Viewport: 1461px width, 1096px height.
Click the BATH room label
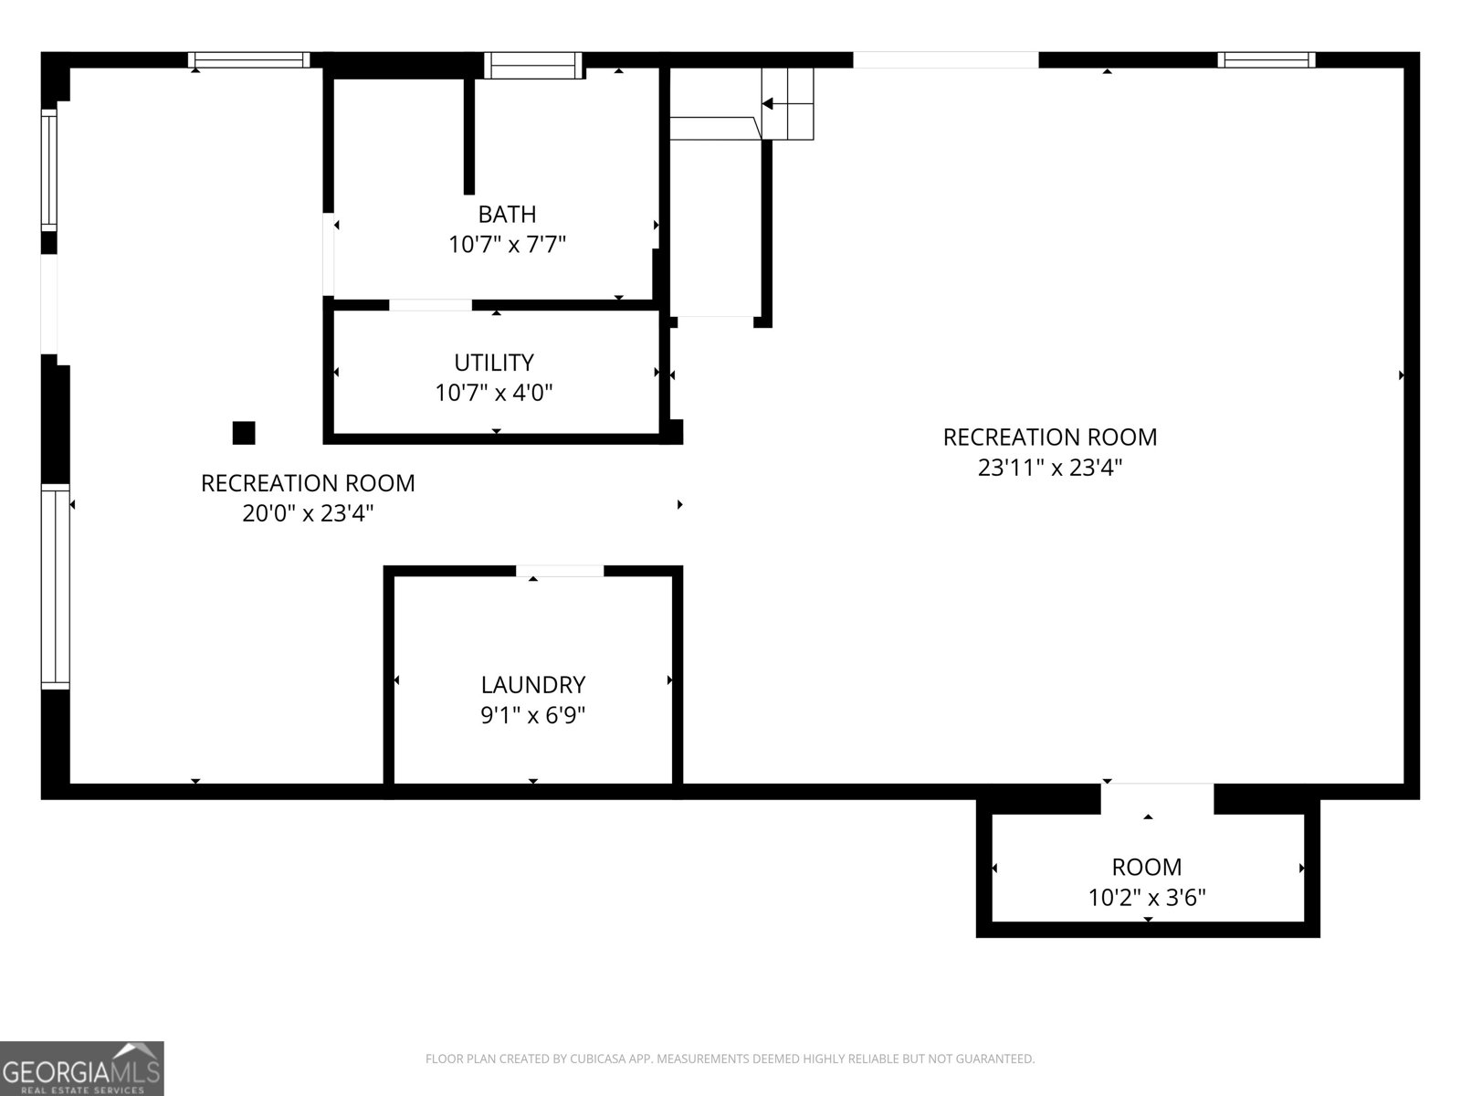(x=507, y=215)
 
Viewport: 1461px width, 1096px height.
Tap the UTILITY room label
(x=494, y=363)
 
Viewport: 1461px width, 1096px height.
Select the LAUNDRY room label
(x=533, y=685)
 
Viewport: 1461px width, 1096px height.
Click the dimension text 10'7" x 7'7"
(x=507, y=245)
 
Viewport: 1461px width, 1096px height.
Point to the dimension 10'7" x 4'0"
(x=494, y=393)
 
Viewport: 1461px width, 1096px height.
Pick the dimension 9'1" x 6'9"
(x=533, y=715)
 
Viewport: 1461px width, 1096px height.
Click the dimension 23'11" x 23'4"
(x=1050, y=468)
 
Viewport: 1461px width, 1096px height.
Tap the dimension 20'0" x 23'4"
(x=308, y=513)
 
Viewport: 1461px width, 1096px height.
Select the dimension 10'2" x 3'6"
(x=1147, y=899)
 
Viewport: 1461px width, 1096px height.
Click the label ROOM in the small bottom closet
(x=1147, y=868)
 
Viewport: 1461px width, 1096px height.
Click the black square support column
(x=244, y=433)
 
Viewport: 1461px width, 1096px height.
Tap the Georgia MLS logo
(x=82, y=1068)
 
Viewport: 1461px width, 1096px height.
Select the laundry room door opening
(x=560, y=571)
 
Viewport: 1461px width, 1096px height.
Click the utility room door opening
(x=431, y=305)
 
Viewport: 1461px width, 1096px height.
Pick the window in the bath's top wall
(x=533, y=65)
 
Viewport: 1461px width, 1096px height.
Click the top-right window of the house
(x=1267, y=60)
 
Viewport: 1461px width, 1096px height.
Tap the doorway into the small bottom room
(x=1157, y=798)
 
